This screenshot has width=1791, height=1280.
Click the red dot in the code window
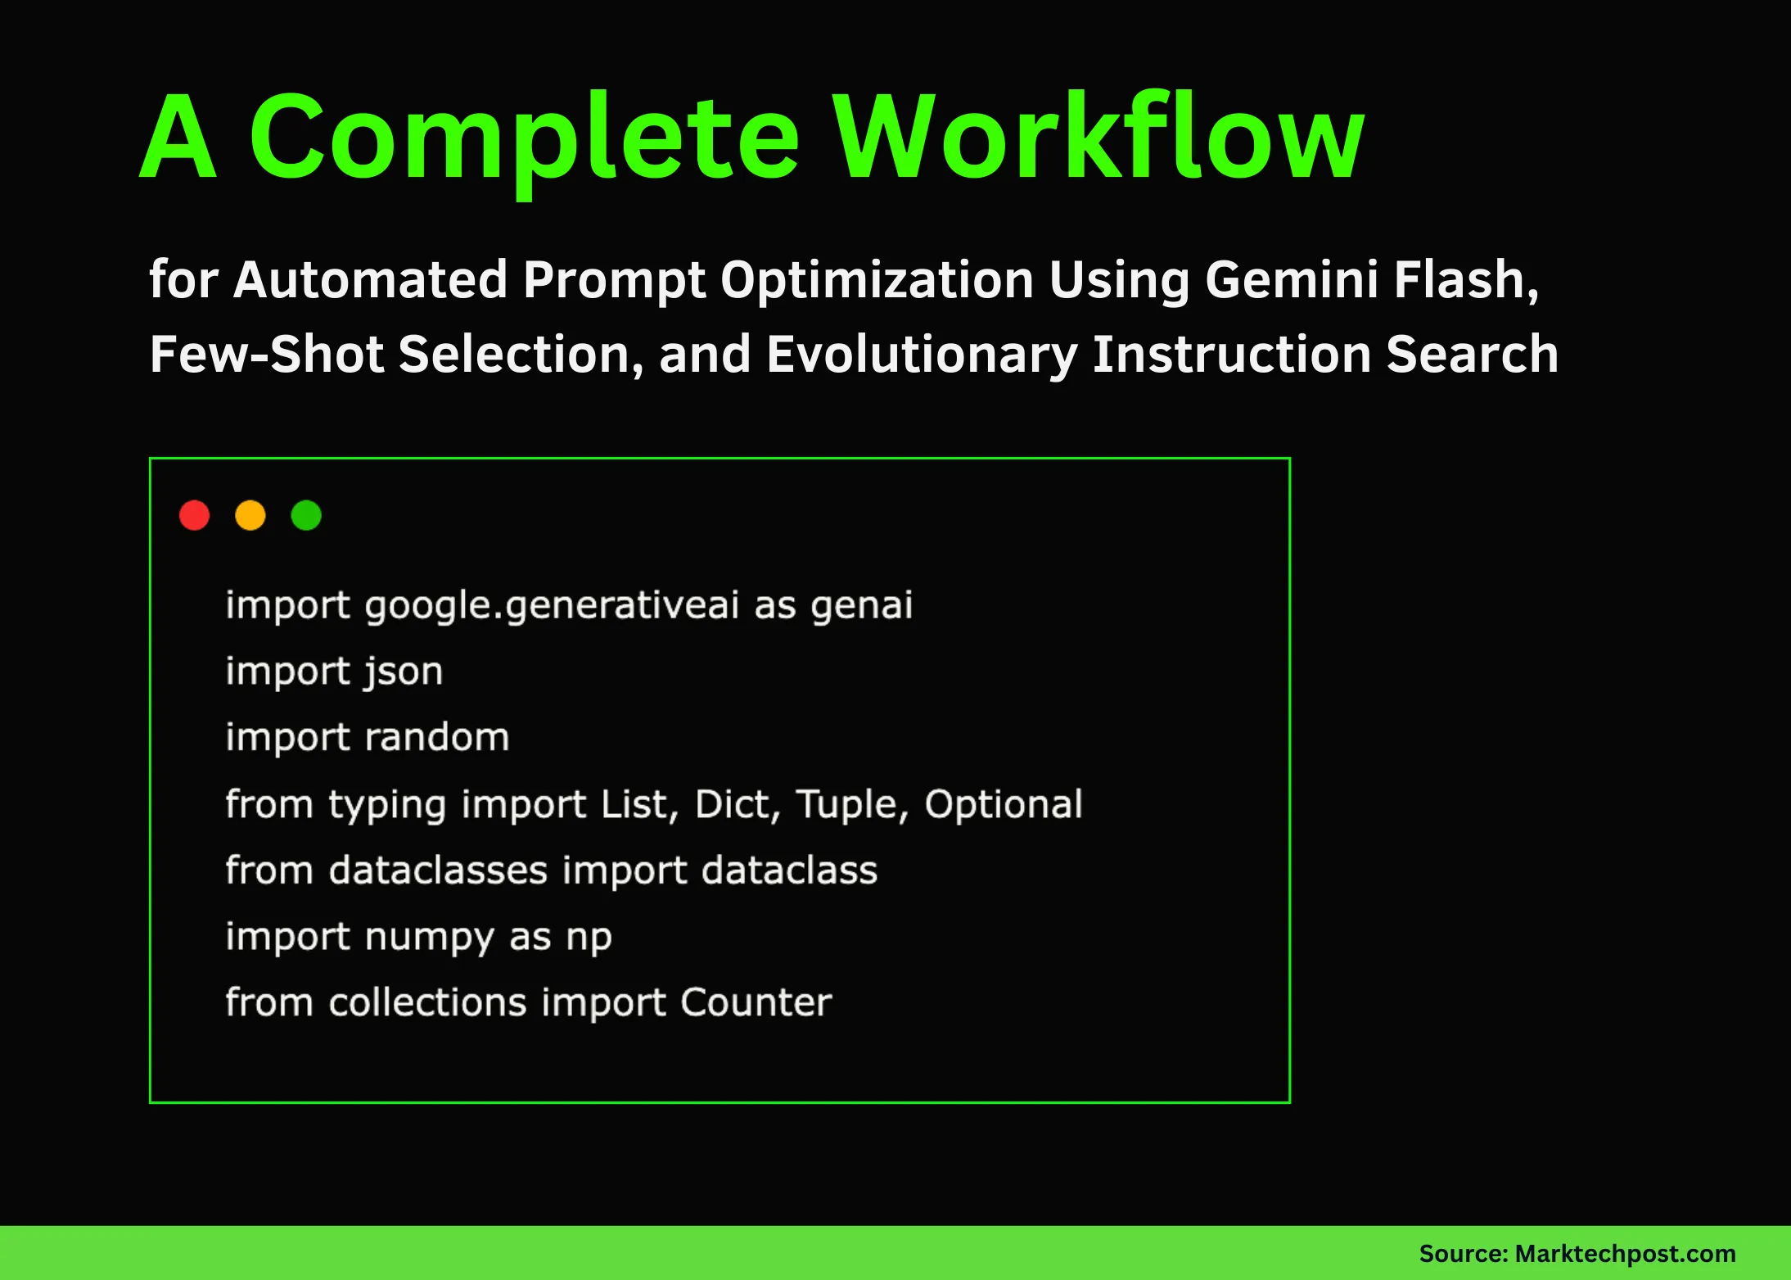click(x=195, y=515)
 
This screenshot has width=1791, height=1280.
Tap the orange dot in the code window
click(x=250, y=515)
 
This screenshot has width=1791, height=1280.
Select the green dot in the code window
click(x=306, y=515)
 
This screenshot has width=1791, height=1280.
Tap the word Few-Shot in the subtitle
click(x=267, y=355)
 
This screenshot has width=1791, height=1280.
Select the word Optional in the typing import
click(x=1004, y=805)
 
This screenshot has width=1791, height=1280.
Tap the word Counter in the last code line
click(x=756, y=1003)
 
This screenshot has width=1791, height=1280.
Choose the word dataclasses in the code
click(x=438, y=871)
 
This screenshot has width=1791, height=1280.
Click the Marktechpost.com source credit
click(x=1625, y=1254)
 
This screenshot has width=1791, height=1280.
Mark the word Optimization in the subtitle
click(x=877, y=280)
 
